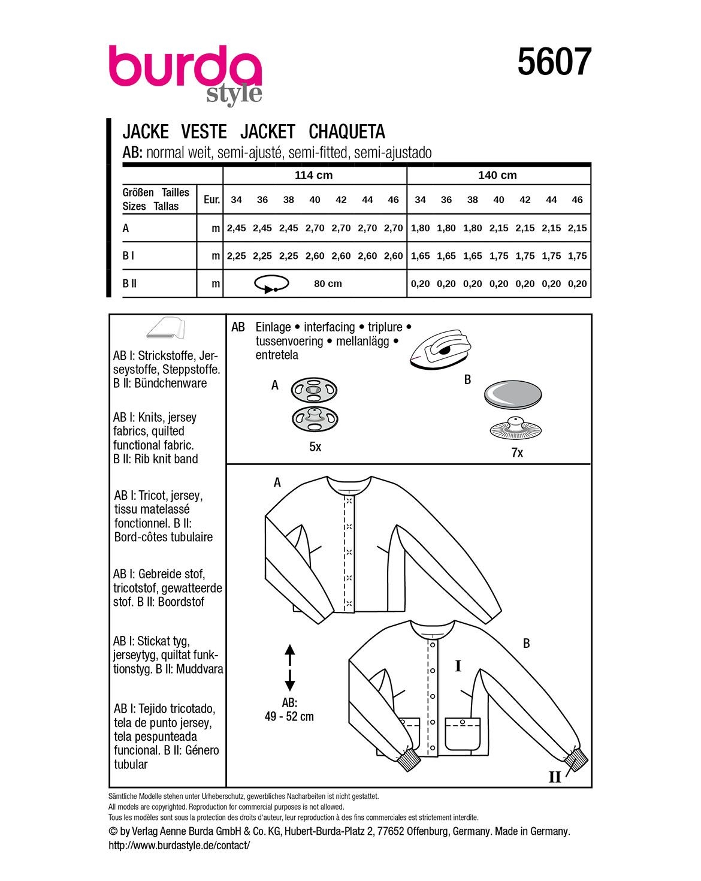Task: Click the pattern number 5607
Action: point(554,62)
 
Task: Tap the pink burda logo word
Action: point(185,66)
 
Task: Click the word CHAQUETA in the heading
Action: point(347,132)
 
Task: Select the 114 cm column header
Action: point(313,175)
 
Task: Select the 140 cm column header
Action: point(497,175)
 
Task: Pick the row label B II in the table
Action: point(129,283)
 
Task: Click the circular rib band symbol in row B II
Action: point(271,283)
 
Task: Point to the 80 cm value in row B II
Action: point(328,283)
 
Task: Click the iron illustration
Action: point(441,349)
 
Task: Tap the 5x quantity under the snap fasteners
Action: point(315,446)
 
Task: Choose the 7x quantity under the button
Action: point(517,452)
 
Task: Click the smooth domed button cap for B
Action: point(512,394)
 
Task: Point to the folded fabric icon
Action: point(166,328)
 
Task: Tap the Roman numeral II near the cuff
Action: point(554,777)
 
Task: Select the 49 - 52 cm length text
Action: point(289,716)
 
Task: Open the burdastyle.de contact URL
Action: point(179,845)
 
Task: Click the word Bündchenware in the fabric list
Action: point(170,383)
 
